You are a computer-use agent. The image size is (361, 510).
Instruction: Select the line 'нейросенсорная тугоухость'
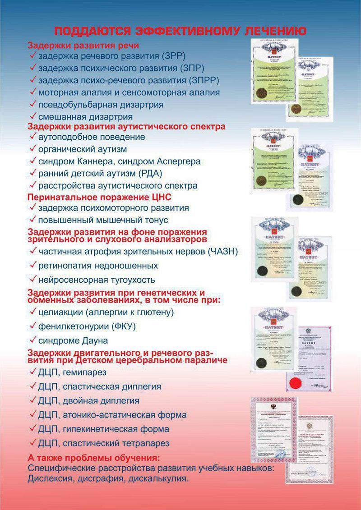97,280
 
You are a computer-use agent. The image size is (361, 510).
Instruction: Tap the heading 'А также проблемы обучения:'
93,458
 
